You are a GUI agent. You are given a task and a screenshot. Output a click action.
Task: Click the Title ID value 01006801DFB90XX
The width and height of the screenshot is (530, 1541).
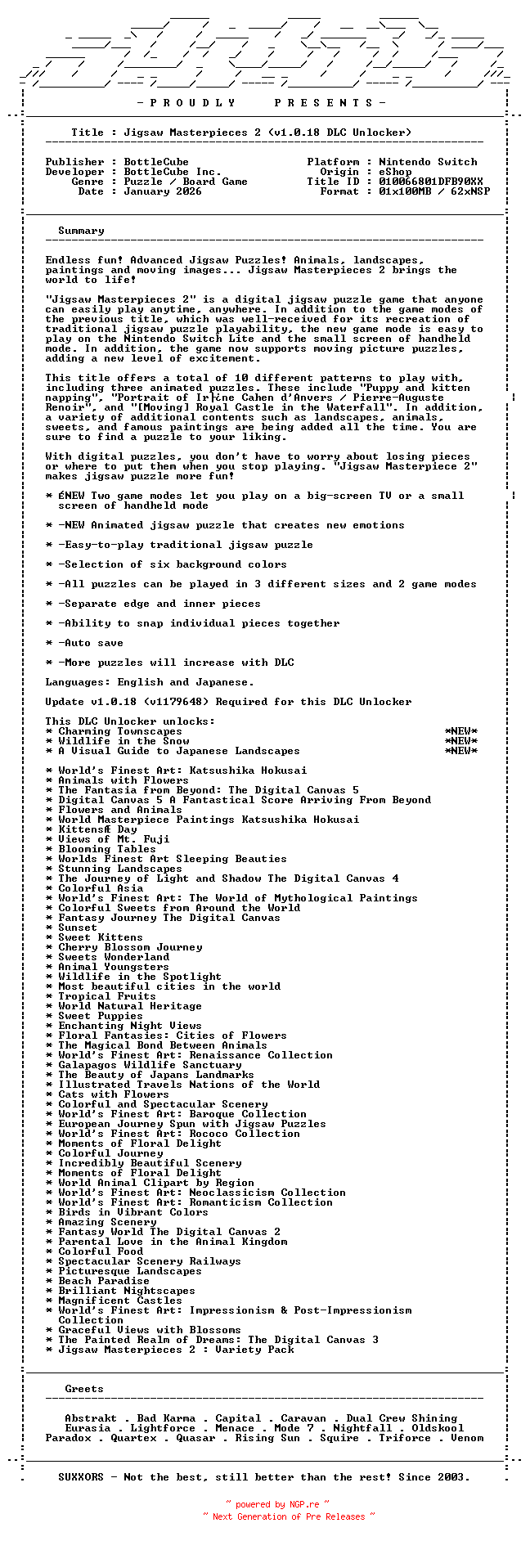[x=431, y=182]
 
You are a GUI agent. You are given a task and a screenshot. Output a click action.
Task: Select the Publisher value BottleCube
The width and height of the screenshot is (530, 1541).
[x=156, y=162]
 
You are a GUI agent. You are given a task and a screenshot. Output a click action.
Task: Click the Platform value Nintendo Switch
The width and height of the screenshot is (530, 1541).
[x=428, y=162]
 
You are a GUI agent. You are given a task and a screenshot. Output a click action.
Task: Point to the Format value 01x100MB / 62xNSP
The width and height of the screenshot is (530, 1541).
[x=434, y=191]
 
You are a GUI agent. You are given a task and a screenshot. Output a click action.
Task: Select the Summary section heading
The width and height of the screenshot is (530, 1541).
[x=81, y=231]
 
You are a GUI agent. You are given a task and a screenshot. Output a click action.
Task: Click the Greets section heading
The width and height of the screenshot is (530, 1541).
[x=84, y=1389]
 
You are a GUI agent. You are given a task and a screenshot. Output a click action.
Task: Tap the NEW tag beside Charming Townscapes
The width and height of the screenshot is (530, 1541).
[x=461, y=731]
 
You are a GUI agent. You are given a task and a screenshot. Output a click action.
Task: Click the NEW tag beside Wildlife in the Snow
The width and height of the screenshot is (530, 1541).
[x=461, y=741]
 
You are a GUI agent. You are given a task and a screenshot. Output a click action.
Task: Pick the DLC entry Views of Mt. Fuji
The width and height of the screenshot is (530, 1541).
[x=114, y=839]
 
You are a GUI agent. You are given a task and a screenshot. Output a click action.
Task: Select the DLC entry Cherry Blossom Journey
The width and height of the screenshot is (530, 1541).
[x=130, y=947]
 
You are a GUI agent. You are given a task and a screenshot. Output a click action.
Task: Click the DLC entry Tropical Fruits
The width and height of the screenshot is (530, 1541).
[x=107, y=996]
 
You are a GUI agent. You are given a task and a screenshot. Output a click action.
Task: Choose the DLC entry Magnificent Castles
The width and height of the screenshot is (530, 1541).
[x=120, y=1301]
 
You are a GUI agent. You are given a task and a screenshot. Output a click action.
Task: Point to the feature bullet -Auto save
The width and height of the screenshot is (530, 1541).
[x=91, y=643]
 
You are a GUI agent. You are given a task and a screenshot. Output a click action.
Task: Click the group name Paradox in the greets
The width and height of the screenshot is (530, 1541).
[x=68, y=1438]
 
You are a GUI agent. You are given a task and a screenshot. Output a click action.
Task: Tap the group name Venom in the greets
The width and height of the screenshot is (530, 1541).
[x=467, y=1438]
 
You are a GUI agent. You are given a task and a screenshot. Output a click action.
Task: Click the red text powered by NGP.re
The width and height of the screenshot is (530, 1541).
[x=278, y=1504]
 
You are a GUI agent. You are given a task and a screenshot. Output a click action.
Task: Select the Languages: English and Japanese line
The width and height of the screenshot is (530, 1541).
[x=150, y=682]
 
